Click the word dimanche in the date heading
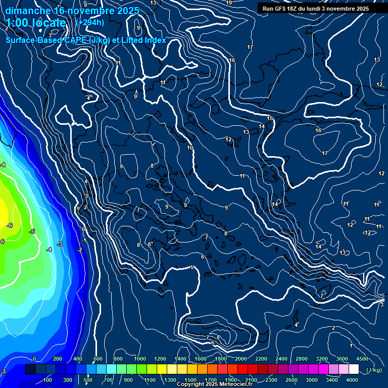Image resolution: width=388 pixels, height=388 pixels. pos(28,10)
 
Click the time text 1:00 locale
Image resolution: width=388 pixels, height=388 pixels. pos(36,23)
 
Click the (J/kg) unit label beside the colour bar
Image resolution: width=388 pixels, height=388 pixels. pos(374,370)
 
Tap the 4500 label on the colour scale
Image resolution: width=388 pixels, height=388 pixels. pos(362,359)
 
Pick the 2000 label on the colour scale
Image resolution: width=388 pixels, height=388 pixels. pos(241,359)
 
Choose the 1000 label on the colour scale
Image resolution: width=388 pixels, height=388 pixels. pos(140,359)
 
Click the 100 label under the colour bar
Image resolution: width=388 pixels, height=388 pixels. pos(48,380)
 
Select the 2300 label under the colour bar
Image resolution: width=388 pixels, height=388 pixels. pos(271,380)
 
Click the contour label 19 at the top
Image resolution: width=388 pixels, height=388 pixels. pos(229,3)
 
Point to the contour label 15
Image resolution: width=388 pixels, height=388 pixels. pos(270,118)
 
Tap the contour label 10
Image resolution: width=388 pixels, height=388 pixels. pos(190,148)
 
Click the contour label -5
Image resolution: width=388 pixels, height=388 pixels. pos(32,231)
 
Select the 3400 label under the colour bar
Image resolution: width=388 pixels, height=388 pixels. pos(332,380)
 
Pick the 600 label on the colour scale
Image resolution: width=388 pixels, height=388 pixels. pos(98,359)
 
